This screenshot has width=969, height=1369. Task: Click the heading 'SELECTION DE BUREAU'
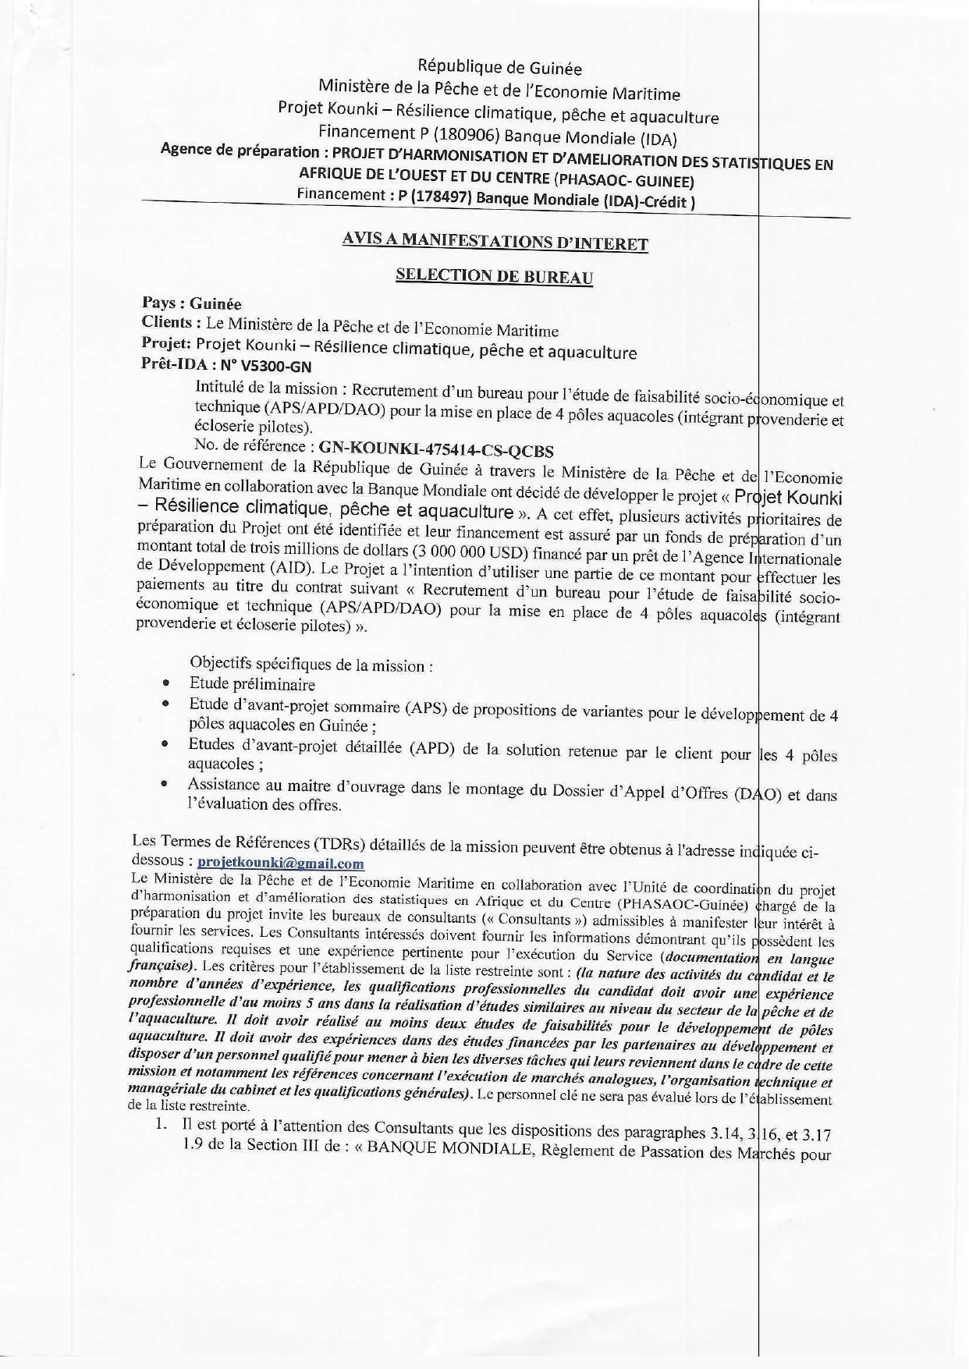494,276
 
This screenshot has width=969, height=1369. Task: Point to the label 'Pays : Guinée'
191,303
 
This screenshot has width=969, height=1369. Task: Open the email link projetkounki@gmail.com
280,864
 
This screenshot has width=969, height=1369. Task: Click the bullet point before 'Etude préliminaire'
166,683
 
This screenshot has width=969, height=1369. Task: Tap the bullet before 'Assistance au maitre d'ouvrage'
165,784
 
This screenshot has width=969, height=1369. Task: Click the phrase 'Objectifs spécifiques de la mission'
308,665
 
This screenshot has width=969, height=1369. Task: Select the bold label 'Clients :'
168,323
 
